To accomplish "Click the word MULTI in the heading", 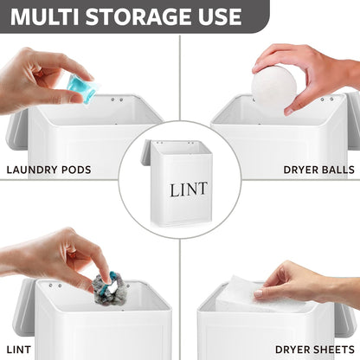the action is (45, 16).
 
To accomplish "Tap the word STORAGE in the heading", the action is (139, 16).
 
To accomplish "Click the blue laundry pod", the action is (82, 87).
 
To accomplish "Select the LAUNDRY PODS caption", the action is (48, 170).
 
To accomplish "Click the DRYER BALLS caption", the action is (319, 170).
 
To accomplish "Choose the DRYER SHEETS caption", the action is (315, 350).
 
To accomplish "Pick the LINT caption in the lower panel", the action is (18, 350).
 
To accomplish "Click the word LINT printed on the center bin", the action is (189, 190).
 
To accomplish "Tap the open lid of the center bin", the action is (146, 152).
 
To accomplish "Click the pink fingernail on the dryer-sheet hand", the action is (259, 293).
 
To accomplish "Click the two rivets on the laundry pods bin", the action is (117, 100).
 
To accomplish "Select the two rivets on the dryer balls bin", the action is (327, 100).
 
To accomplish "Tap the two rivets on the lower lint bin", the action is (55, 286).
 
